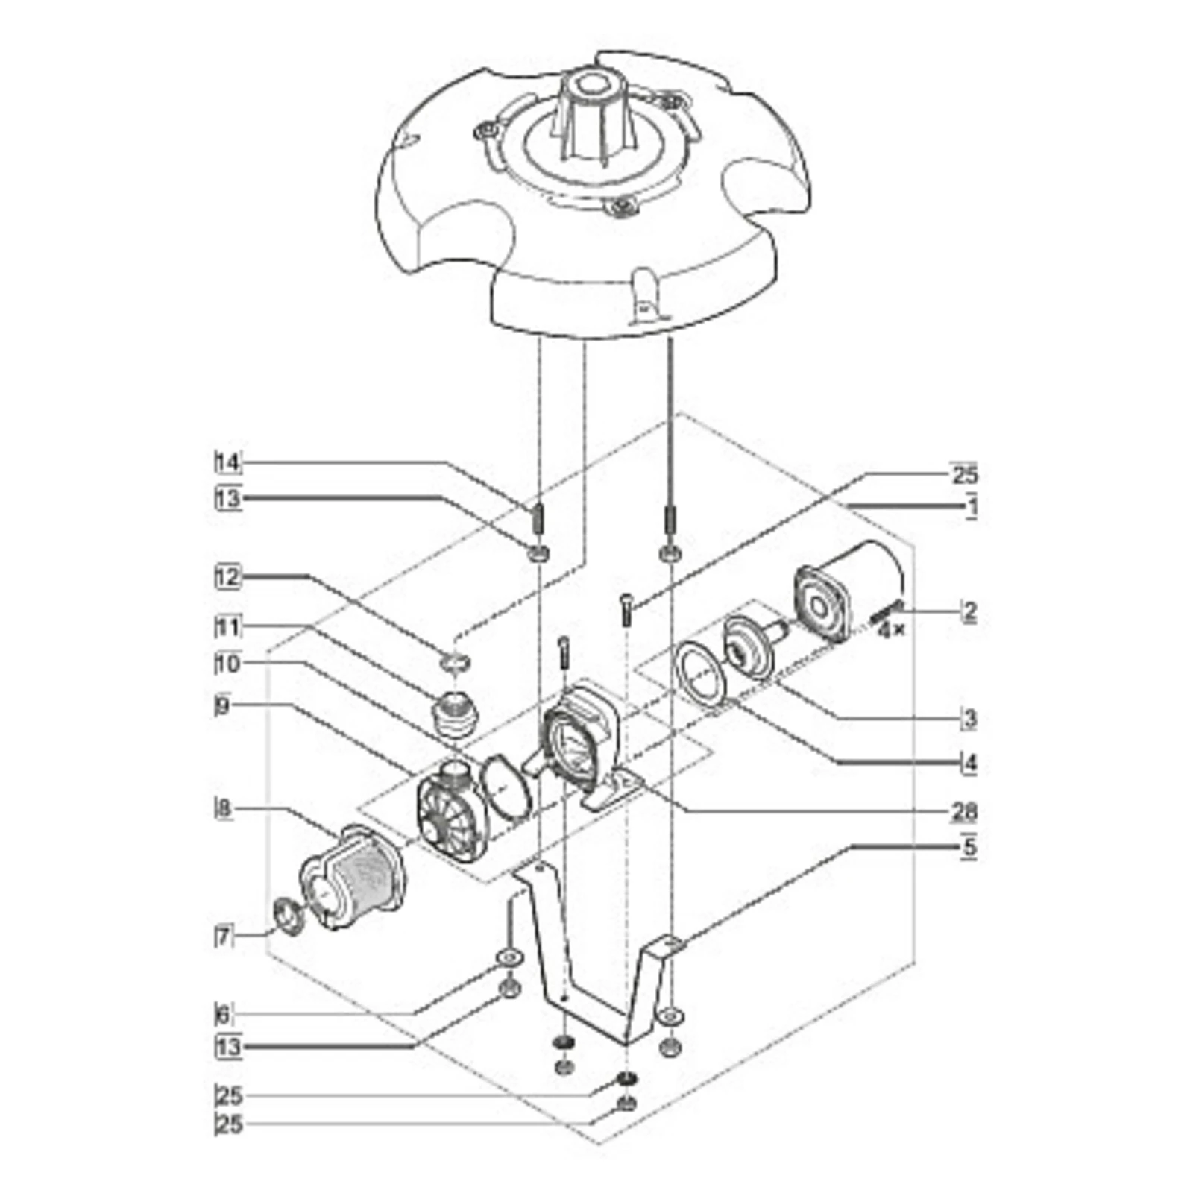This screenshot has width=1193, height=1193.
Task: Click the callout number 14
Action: click(x=228, y=463)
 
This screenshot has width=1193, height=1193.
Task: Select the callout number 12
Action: click(x=228, y=577)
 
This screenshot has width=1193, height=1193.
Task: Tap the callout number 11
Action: click(x=228, y=628)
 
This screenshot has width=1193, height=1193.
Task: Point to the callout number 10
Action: click(x=228, y=663)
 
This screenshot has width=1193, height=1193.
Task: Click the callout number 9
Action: click(x=222, y=706)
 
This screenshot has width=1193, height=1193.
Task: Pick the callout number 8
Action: click(x=223, y=809)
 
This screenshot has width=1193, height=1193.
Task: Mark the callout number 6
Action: click(x=223, y=1014)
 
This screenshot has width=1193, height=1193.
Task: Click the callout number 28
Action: click(x=963, y=811)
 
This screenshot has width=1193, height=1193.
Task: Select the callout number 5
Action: click(x=969, y=848)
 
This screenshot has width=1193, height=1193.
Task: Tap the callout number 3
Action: click(x=969, y=720)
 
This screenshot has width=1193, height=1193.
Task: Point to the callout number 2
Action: click(x=969, y=612)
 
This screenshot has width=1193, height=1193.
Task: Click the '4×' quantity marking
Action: click(x=891, y=630)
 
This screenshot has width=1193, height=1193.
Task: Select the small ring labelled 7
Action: click(x=289, y=919)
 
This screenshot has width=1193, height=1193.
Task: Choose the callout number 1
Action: click(x=970, y=507)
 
